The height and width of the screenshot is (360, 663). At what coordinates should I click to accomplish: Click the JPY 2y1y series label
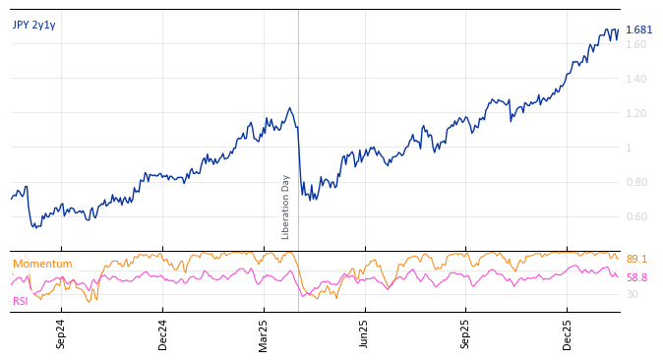pos(34,25)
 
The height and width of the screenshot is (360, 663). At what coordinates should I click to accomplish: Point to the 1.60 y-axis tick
pos(635,44)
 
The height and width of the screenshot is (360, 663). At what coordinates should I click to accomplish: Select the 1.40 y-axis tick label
pos(635,79)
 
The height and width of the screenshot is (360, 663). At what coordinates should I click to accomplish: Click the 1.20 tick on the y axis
pos(635,113)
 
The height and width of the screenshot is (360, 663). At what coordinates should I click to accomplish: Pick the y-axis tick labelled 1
pos(629,148)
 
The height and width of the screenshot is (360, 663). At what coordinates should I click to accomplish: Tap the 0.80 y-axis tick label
pos(635,182)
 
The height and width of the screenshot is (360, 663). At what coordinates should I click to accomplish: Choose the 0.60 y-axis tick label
pos(635,216)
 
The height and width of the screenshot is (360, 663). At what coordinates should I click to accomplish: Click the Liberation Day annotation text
pos(286,207)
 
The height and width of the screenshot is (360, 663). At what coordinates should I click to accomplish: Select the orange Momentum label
pos(42,264)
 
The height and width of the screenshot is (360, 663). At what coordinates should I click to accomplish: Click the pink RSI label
pos(21,301)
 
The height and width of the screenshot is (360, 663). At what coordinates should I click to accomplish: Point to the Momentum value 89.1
pos(636,259)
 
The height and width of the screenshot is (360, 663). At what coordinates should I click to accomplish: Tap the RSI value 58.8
pos(636,277)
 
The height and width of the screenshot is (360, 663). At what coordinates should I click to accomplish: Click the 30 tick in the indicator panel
pos(632,294)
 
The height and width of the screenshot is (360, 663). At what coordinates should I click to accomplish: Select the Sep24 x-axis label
pos(61,333)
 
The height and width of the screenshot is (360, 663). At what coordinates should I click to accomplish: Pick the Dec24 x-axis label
pos(162,333)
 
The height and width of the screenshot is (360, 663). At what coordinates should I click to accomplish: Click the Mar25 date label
pos(264,333)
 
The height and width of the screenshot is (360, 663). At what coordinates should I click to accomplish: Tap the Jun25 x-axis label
pos(364,333)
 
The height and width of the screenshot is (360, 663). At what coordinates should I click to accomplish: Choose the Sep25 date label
pos(465,333)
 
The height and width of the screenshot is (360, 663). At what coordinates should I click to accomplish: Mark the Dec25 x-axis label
pos(567,333)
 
